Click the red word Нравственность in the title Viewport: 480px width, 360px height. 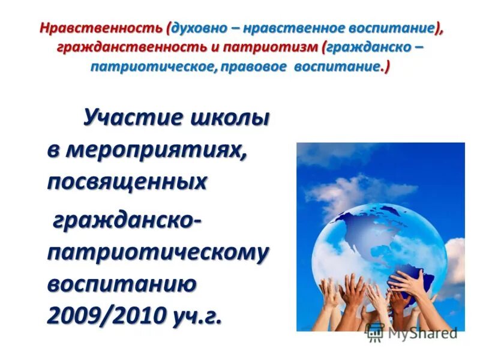click(102, 28)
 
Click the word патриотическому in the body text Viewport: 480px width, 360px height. click(158, 253)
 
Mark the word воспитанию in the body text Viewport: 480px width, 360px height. click(122, 283)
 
